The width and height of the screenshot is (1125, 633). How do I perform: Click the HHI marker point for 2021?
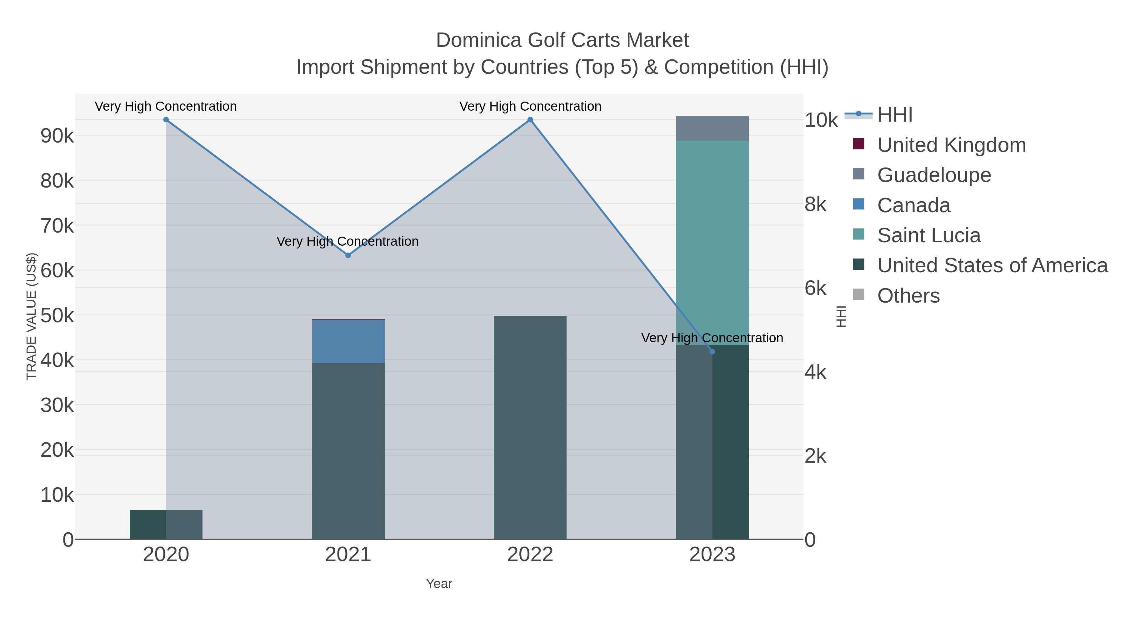pos(348,255)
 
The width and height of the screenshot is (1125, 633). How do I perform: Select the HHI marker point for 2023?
pos(712,352)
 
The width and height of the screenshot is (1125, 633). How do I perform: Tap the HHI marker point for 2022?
pos(530,120)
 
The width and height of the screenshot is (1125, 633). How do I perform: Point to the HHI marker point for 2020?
pos(166,120)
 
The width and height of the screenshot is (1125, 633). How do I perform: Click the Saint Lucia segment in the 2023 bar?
pos(712,243)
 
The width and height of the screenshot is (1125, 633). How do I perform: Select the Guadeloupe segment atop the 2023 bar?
pos(712,128)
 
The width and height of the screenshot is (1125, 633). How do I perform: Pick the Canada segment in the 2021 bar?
pos(348,341)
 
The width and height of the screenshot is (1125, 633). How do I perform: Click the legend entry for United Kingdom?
pos(951,145)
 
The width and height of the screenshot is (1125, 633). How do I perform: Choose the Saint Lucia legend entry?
pos(928,235)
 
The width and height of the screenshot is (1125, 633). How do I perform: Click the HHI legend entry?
pos(894,115)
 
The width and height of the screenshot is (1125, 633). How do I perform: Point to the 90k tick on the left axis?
pos(57,136)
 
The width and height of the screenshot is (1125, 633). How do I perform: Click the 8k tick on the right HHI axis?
pos(815,204)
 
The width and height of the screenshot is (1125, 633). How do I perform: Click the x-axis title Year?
pos(439,584)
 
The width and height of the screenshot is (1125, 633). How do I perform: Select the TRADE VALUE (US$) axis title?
pos(32,316)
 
